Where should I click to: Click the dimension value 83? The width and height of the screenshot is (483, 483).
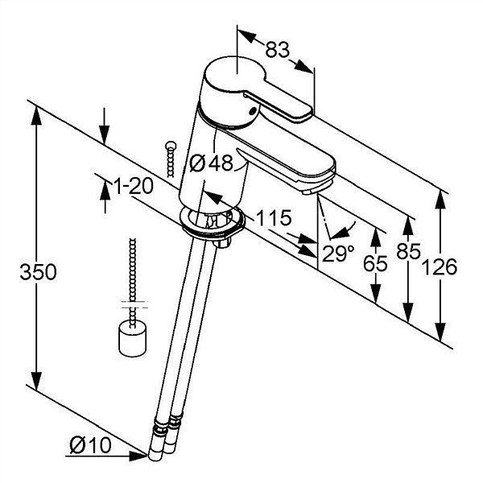(276, 50)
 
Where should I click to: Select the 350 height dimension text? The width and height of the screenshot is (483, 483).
(38, 272)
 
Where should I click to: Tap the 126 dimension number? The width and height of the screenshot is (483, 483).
(442, 266)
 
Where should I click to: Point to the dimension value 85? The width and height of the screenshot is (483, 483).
(409, 251)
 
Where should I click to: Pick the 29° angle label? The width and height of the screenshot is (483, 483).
(339, 254)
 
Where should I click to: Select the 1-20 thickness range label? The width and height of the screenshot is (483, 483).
(134, 187)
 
